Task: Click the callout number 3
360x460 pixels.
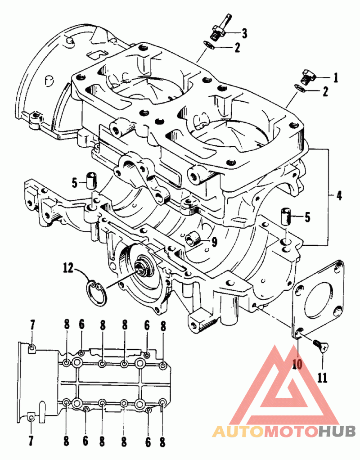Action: click(x=244, y=32)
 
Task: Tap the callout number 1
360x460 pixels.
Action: click(x=335, y=77)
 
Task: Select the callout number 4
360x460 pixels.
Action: click(x=338, y=196)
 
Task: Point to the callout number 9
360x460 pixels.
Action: click(x=214, y=242)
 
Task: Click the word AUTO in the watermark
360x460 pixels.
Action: click(x=237, y=432)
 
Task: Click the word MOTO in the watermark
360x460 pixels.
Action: click(x=290, y=432)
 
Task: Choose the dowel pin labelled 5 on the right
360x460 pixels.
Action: click(x=286, y=216)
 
